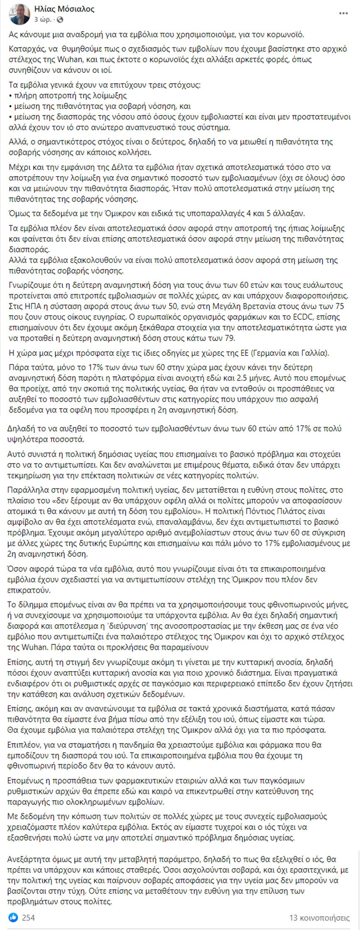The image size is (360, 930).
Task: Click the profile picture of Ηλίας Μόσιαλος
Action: [19, 14]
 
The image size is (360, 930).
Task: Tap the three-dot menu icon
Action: [343, 14]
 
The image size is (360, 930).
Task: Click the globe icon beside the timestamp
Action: [60, 19]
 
